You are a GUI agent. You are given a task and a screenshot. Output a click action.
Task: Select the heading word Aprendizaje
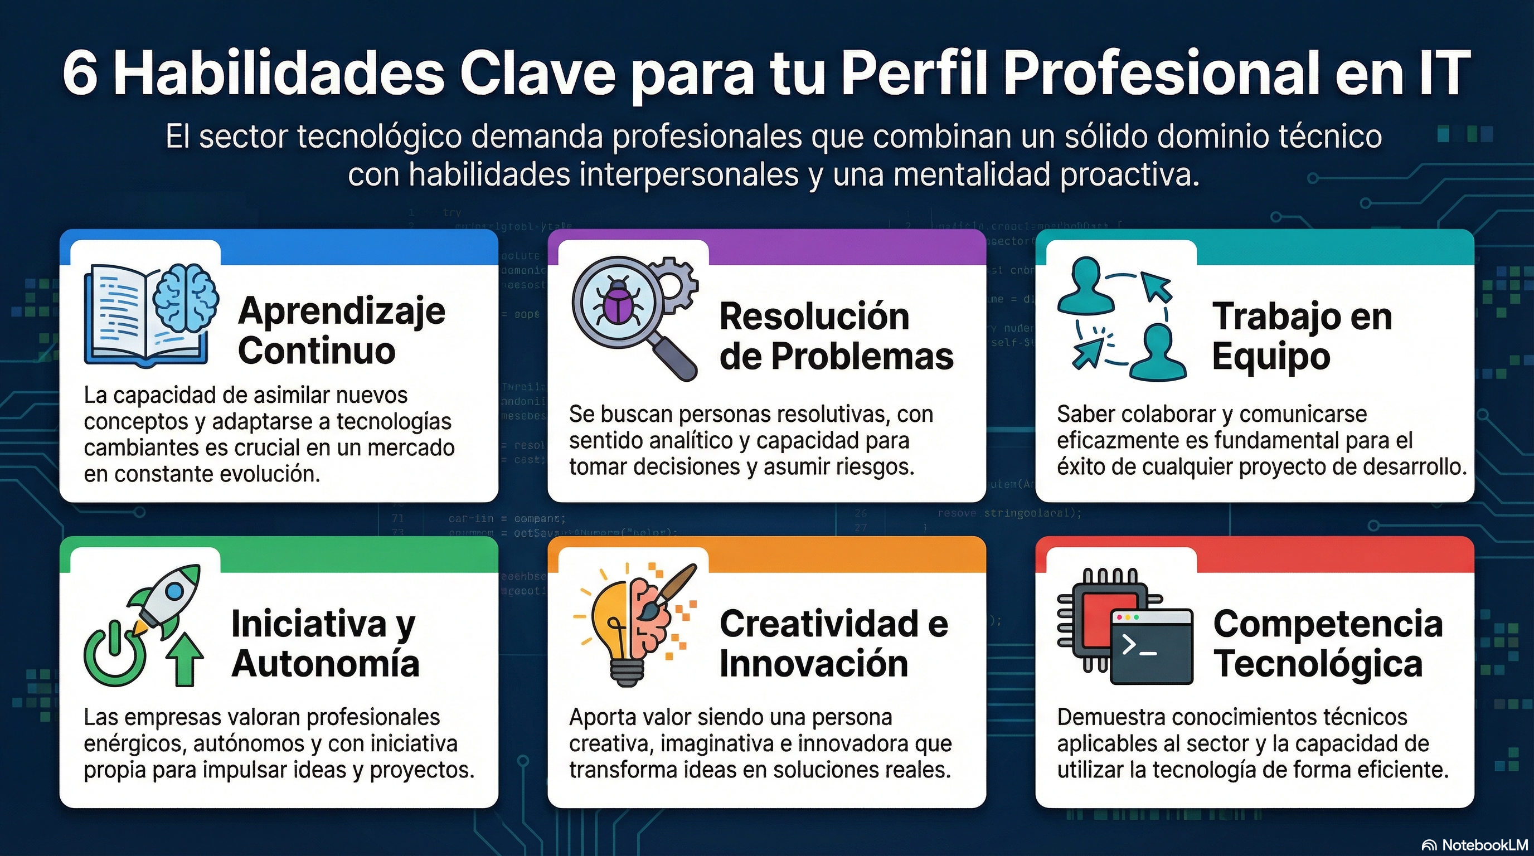pyautogui.click(x=341, y=310)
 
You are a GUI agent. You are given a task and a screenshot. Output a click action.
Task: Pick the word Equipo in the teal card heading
pyautogui.click(x=1271, y=356)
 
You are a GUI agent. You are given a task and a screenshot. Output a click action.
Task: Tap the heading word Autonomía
pyautogui.click(x=325, y=663)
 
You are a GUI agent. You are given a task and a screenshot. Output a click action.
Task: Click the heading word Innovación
pyautogui.click(x=813, y=663)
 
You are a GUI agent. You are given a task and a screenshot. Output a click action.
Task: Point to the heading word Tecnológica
pyautogui.click(x=1318, y=663)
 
